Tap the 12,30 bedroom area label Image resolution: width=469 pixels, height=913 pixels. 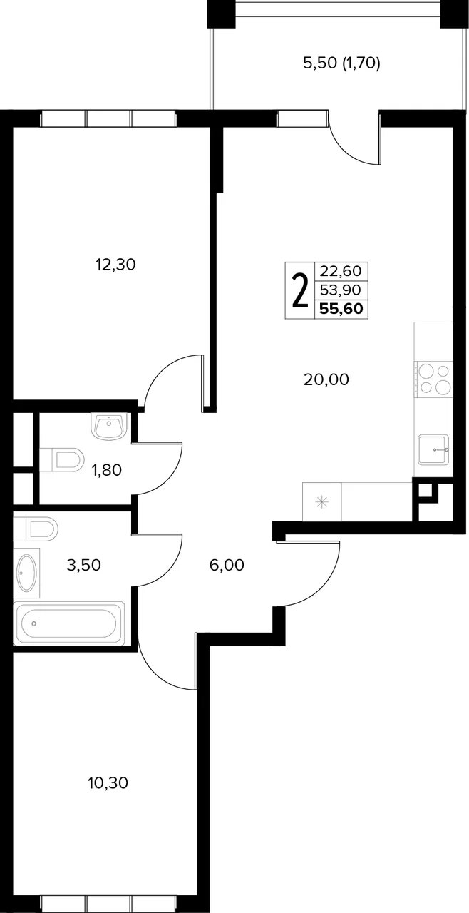click(115, 265)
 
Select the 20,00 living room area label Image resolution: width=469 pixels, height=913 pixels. click(326, 380)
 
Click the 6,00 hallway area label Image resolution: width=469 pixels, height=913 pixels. click(227, 565)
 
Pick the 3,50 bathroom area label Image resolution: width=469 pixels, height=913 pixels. click(84, 565)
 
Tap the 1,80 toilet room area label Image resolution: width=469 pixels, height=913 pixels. click(107, 470)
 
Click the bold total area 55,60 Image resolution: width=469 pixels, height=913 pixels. click(341, 309)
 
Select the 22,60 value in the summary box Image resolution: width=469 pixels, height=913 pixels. click(341, 270)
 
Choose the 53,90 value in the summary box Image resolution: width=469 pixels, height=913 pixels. click(341, 290)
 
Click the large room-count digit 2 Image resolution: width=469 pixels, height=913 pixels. click(300, 290)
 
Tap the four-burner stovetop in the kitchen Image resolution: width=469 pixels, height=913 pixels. click(433, 379)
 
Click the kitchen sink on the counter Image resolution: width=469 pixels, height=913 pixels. click(434, 449)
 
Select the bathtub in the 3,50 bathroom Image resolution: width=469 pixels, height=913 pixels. click(68, 623)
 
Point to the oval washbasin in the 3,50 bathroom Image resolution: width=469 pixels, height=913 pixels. click(27, 573)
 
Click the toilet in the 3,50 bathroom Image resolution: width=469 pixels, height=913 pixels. click(36, 529)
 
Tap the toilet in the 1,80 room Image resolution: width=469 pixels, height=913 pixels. click(61, 460)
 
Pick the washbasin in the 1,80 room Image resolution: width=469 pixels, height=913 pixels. click(109, 427)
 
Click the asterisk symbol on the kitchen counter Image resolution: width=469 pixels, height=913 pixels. click(322, 501)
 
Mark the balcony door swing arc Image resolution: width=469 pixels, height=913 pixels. click(350, 149)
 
